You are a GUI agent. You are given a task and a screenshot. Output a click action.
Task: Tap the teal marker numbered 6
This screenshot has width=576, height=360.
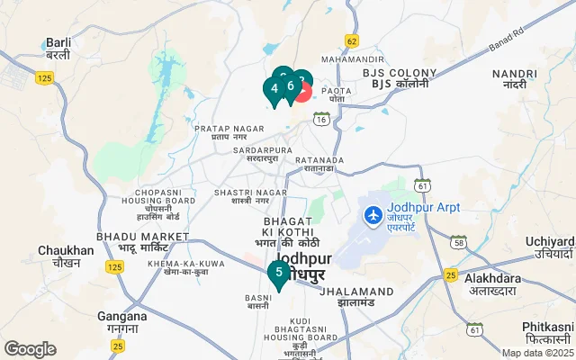pyautogui.click(x=290, y=86)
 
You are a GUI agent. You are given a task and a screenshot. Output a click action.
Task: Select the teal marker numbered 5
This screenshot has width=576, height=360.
pyautogui.click(x=279, y=273)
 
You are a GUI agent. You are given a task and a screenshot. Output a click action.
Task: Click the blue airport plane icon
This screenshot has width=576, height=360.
pyautogui.click(x=373, y=216)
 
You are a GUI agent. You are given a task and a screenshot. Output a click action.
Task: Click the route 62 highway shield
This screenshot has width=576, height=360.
pyautogui.click(x=351, y=41)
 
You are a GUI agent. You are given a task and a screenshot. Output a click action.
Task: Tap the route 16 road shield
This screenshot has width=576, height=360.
pyautogui.click(x=320, y=118)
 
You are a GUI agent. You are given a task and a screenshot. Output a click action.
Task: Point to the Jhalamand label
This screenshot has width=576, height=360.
pyautogui.click(x=356, y=292)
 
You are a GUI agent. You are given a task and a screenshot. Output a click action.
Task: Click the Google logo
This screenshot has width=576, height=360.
pyautogui.click(x=31, y=348)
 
